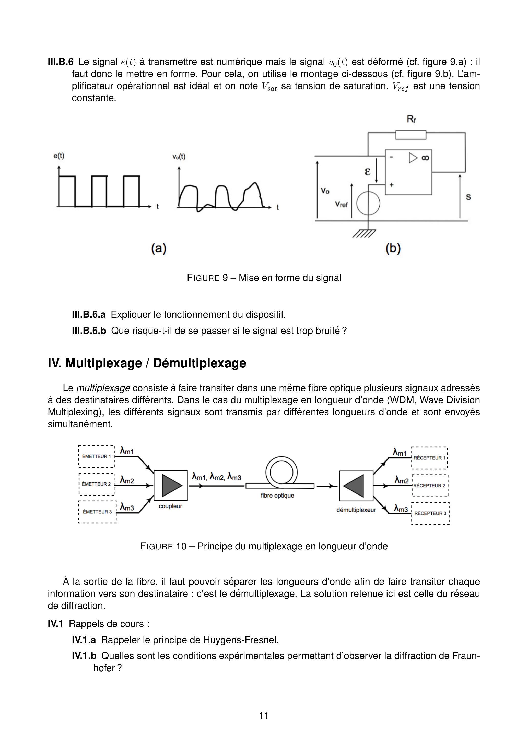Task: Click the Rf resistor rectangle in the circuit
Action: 410,135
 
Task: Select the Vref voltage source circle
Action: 368,204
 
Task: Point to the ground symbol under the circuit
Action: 364,234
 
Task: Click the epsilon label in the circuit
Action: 368,172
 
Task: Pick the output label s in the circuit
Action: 468,197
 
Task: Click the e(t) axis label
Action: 59,156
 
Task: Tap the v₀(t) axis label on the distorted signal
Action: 179,157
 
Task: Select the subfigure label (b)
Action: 393,249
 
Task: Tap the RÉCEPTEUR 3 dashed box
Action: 430,513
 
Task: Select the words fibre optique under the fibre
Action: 277,496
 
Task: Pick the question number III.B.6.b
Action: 89,331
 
